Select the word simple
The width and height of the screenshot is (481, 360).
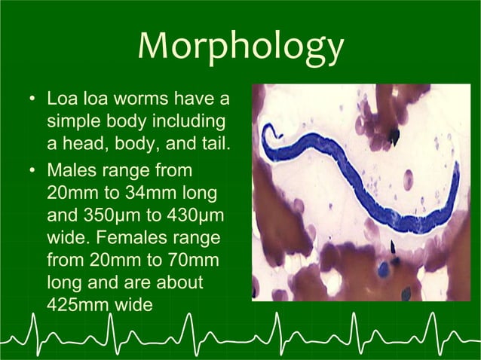72,121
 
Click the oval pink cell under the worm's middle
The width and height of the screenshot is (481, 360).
408,179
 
